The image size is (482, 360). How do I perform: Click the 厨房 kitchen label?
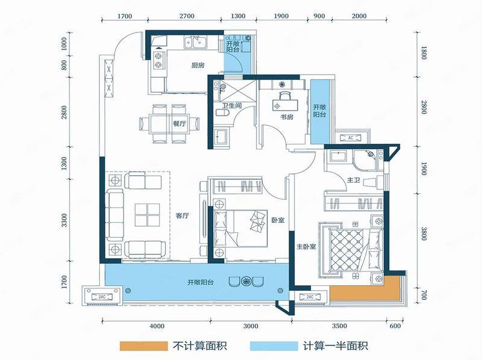coord(198,65)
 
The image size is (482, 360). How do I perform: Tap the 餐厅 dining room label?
coord(180,124)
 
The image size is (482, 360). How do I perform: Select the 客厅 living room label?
coord(183,216)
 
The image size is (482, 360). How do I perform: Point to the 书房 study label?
coord(287,117)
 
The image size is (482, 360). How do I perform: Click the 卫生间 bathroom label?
coord(232,106)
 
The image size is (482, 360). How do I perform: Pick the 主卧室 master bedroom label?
coord(307,246)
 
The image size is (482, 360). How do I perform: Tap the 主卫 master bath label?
coord(354,180)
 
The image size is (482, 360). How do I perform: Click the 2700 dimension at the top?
coord(187,16)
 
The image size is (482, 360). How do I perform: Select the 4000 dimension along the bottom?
coord(157,326)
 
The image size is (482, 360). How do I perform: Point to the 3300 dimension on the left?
coord(64,220)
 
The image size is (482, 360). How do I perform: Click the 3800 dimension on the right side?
coord(424,234)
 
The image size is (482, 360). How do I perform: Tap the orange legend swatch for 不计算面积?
coord(144,346)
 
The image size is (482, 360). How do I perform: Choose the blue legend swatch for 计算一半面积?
coord(274,346)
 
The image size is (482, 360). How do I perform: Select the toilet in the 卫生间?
coord(221,113)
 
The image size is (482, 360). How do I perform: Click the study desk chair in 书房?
coord(285,95)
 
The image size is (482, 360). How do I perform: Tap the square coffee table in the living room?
coord(147,215)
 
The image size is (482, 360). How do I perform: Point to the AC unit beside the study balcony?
coord(351,138)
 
